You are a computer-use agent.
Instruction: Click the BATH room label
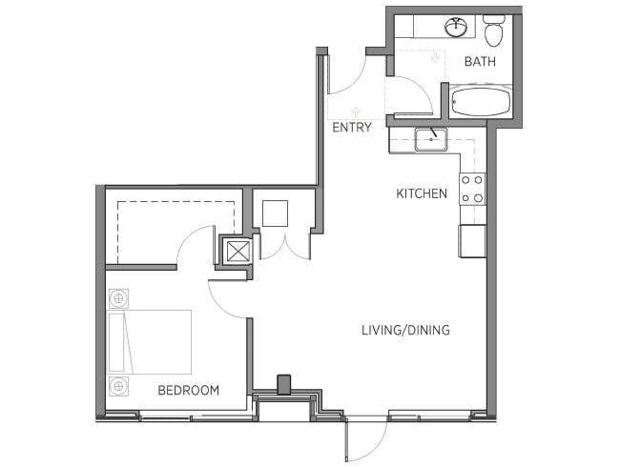[x=480, y=62]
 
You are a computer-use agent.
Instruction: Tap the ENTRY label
[x=352, y=127]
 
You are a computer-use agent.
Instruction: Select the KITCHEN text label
[x=422, y=193]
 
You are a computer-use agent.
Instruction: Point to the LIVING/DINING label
[x=405, y=330]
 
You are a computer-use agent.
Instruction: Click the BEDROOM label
[x=188, y=391]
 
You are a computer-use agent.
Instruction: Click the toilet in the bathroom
[x=494, y=30]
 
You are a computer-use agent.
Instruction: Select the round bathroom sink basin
[x=456, y=27]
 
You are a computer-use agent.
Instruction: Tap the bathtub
[x=481, y=102]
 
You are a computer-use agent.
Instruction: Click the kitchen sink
[x=431, y=139]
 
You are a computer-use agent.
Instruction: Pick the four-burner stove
[x=472, y=190]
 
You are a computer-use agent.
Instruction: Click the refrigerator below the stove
[x=472, y=241]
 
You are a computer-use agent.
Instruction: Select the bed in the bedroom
[x=150, y=342]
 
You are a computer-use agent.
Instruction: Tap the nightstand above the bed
[x=118, y=298]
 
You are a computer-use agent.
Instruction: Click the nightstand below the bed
[x=118, y=386]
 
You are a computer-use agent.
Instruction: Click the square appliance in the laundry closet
[x=276, y=213]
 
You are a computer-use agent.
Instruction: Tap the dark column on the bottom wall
[x=284, y=385]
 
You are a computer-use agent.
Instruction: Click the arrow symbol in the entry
[x=357, y=112]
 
